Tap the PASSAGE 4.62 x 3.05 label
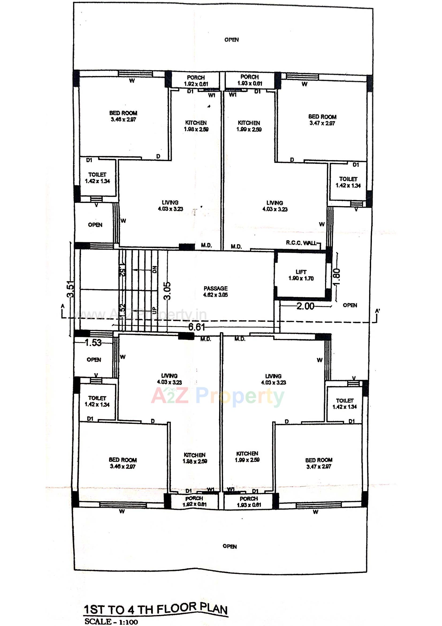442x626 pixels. (215, 292)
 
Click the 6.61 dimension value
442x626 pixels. (196, 327)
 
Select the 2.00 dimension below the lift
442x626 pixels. (305, 306)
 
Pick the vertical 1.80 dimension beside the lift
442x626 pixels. (337, 277)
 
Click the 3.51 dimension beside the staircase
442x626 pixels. (71, 289)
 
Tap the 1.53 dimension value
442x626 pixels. (93, 342)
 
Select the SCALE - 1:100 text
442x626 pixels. (111, 622)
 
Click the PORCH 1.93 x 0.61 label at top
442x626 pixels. (249, 80)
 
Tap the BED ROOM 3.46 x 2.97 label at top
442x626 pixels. (123, 116)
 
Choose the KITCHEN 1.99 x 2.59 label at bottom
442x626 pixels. (247, 457)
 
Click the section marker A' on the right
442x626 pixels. (378, 311)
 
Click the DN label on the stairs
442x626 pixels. (154, 270)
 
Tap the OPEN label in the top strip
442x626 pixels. (231, 40)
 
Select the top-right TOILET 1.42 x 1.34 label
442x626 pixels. (348, 182)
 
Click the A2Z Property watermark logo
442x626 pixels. (218, 396)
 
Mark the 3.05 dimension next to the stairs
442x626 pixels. (167, 291)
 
